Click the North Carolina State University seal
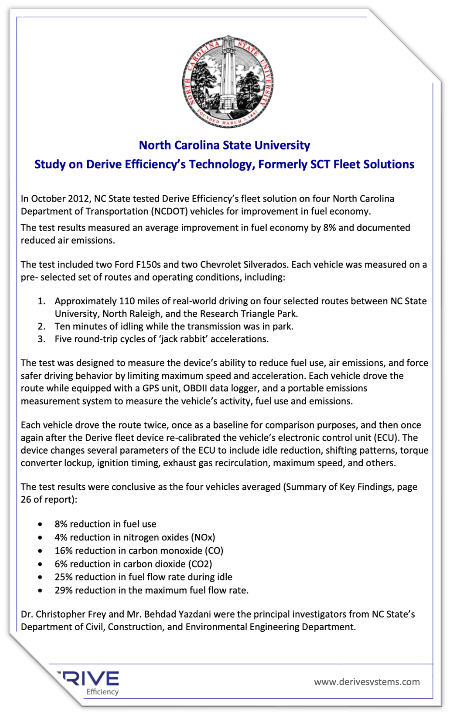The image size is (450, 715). pos(228,81)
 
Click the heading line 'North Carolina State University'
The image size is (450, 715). pos(224,145)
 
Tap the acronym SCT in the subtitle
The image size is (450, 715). pos(320,164)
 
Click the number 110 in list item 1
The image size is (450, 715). pos(127,301)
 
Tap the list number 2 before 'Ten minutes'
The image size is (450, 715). pos(42,326)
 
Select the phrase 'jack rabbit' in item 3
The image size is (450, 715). pos(183,339)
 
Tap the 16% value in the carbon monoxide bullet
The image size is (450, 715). pos(64,551)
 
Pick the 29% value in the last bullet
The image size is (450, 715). pos(64,590)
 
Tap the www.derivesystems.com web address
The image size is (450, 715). pos(367,682)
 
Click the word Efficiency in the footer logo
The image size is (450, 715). pos(102,692)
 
